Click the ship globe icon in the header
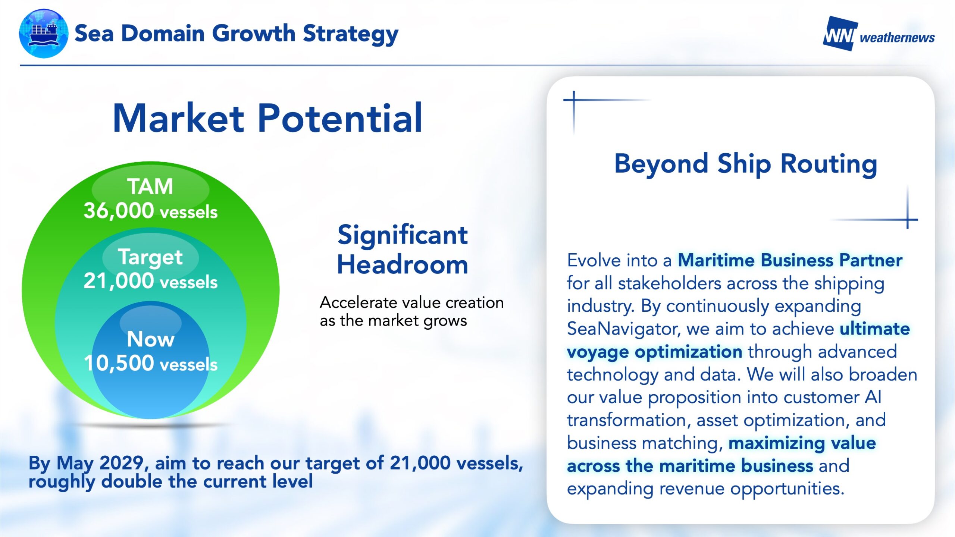(x=44, y=34)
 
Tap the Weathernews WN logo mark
(x=840, y=34)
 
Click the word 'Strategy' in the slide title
(x=350, y=34)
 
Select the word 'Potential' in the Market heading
(x=340, y=118)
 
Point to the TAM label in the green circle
(x=150, y=186)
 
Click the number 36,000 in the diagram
(x=119, y=211)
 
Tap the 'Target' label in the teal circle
(x=150, y=257)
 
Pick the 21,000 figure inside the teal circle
(x=119, y=281)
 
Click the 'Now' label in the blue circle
(x=150, y=339)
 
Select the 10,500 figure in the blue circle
(x=119, y=363)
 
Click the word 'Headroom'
(x=403, y=264)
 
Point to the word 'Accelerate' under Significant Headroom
(x=358, y=302)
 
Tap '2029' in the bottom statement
(x=121, y=463)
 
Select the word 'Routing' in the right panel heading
(x=829, y=164)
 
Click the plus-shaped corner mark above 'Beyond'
(x=574, y=100)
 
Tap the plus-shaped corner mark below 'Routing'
(x=907, y=220)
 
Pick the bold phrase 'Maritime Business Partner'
(x=790, y=260)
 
